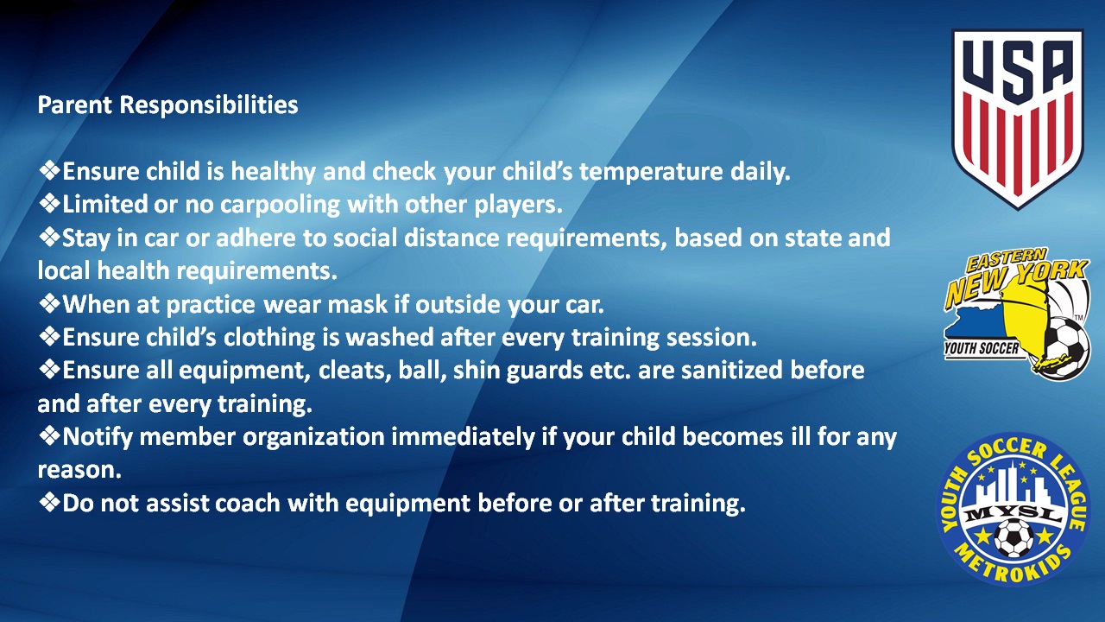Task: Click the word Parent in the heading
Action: pyautogui.click(x=75, y=105)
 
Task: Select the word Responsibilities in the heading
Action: pyautogui.click(x=209, y=105)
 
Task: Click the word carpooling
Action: pyautogui.click(x=280, y=206)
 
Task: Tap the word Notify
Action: pyautogui.click(x=98, y=437)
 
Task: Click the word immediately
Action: pyautogui.click(x=464, y=437)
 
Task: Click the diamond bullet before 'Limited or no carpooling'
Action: pyautogui.click(x=49, y=203)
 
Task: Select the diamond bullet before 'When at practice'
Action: pyautogui.click(x=49, y=303)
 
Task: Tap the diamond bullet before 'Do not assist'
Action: pyautogui.click(x=49, y=502)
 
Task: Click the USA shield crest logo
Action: pyautogui.click(x=1017, y=119)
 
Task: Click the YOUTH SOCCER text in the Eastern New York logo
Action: pyautogui.click(x=981, y=348)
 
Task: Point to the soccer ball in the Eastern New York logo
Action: pyautogui.click(x=1065, y=347)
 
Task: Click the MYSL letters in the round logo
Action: pyautogui.click(x=1013, y=514)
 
